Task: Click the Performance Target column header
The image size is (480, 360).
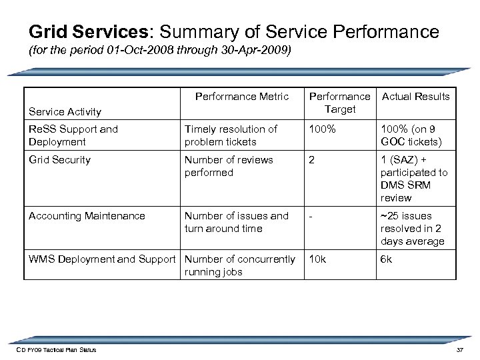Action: [x=340, y=103]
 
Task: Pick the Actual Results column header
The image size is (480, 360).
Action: [x=415, y=97]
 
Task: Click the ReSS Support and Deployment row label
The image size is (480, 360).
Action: [x=73, y=135]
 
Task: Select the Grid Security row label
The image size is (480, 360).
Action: [x=60, y=159]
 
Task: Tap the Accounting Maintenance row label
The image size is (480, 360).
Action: [x=87, y=216]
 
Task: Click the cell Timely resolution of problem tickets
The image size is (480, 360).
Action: [x=231, y=135]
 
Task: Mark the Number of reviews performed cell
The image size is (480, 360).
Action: [x=229, y=166]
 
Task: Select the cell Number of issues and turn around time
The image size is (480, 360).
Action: [x=236, y=222]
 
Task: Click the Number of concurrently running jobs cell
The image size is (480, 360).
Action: [x=240, y=265]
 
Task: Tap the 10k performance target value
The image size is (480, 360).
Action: [x=317, y=259]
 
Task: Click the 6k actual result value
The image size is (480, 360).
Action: [x=386, y=259]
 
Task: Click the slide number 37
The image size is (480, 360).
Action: [x=459, y=350]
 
